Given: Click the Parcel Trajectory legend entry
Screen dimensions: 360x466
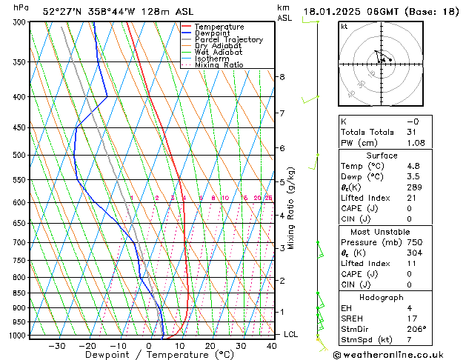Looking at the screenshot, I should click(x=228, y=40).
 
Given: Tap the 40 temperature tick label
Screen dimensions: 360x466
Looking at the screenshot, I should click(x=272, y=346).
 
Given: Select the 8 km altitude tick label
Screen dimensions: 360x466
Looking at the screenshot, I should click(x=282, y=77).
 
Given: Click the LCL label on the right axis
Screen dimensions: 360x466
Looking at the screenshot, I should click(x=291, y=335).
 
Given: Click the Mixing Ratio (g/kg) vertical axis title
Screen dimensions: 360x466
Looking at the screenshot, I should click(x=291, y=208).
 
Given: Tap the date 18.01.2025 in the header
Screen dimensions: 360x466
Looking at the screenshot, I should click(x=331, y=12).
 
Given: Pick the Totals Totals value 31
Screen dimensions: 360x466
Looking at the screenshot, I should click(x=411, y=132).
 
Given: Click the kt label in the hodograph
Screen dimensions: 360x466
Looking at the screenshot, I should click(x=344, y=26).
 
